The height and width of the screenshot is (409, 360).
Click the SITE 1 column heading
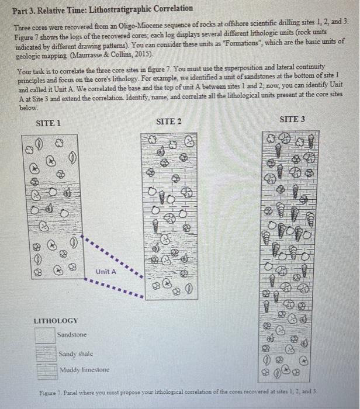tap(49, 123)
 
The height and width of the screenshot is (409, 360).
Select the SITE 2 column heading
tap(169, 122)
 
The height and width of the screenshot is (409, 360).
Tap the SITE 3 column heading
tap(292, 119)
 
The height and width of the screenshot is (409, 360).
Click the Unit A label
tap(106, 272)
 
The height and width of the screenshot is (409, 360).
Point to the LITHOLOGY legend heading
tap(56, 321)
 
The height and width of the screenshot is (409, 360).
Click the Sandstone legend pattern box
tap(44, 335)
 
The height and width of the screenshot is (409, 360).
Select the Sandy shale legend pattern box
tap(44, 354)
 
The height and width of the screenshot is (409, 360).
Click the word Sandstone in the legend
tap(72, 335)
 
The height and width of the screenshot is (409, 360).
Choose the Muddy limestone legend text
tap(85, 371)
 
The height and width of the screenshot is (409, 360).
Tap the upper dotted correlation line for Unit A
tap(114, 251)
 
